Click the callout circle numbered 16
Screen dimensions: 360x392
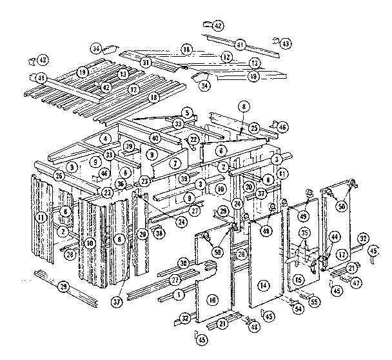(213, 299)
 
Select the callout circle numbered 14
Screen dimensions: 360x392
(262, 284)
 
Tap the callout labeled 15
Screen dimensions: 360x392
(298, 281)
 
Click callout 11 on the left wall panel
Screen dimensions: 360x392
(40, 217)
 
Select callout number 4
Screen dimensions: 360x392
(104, 138)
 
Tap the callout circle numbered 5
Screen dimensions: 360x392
(187, 111)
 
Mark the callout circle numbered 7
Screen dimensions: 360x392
(175, 164)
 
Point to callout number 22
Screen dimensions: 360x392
(193, 140)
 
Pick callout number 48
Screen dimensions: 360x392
(255, 328)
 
